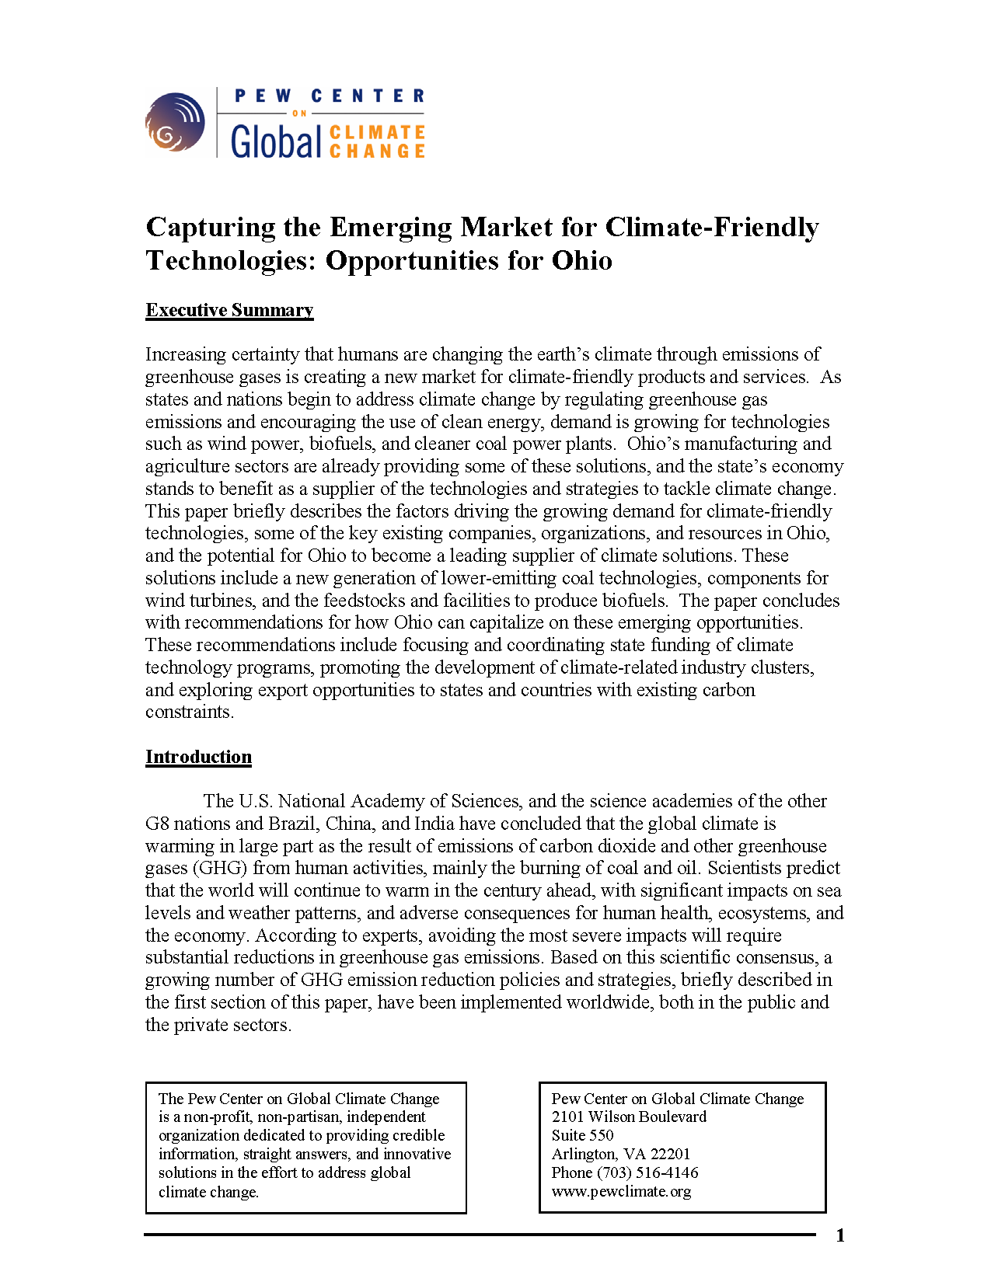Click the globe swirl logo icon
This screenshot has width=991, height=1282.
click(175, 122)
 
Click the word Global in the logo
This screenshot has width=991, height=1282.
click(276, 141)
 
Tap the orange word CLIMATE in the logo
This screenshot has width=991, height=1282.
click(377, 133)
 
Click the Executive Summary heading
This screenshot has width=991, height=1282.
click(229, 310)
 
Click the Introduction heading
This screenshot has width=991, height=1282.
click(198, 757)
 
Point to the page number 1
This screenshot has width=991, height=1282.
click(839, 1235)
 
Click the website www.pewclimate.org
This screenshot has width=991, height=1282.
click(621, 1191)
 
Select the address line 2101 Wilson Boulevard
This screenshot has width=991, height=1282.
click(629, 1117)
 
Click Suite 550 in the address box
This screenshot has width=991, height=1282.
click(582, 1135)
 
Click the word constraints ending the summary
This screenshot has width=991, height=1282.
click(189, 712)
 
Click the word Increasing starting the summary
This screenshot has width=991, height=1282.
click(185, 354)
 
